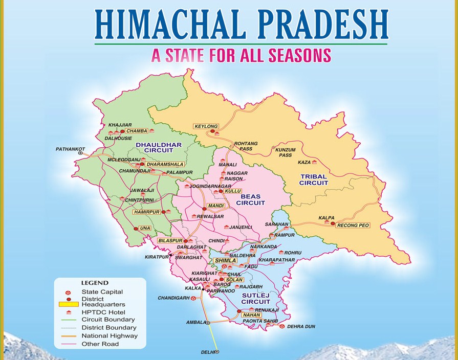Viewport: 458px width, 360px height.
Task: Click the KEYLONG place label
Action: tap(206, 126)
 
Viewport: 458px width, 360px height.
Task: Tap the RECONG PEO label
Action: tap(353, 225)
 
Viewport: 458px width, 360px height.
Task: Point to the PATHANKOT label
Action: tap(70, 149)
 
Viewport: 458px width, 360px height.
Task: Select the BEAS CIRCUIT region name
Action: tap(250, 199)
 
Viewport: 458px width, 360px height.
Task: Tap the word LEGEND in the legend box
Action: tap(95, 282)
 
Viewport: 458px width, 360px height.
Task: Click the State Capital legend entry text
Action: tap(102, 291)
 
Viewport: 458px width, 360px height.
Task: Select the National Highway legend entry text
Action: tap(110, 336)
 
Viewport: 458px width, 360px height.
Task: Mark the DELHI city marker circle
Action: tap(217, 352)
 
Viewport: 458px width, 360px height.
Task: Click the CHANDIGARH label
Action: tap(173, 298)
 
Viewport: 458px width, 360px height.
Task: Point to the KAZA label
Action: tap(304, 162)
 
